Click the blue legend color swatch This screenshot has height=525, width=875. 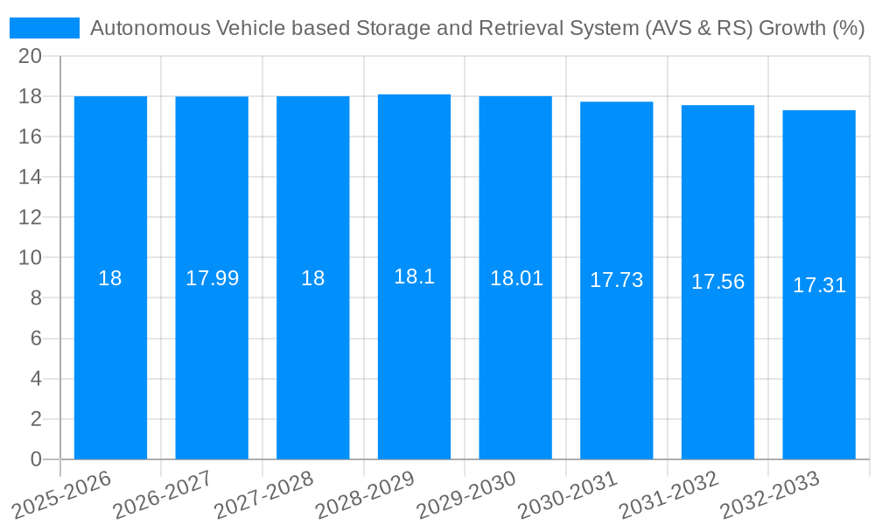[44, 28]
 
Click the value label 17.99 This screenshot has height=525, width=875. [212, 278]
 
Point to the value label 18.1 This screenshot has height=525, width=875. [414, 276]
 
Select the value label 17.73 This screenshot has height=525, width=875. [616, 280]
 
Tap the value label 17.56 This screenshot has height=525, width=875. [717, 282]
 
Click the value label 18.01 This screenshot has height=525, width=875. [515, 278]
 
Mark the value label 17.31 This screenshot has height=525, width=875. [819, 285]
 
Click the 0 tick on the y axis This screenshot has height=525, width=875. [36, 459]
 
